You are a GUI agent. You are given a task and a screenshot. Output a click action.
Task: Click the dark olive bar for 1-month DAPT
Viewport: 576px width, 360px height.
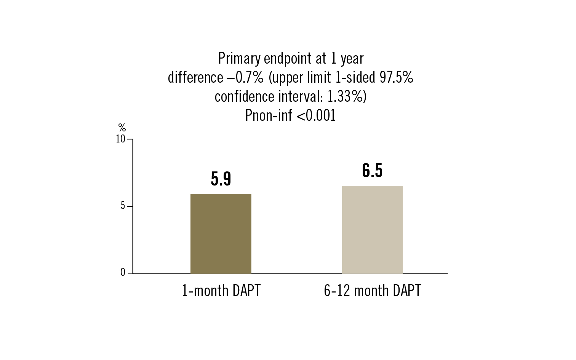coord(221,234)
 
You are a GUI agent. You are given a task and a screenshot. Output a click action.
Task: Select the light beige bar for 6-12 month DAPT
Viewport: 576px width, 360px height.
coord(372,230)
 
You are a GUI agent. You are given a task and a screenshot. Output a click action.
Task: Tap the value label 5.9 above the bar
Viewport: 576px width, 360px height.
coord(221,179)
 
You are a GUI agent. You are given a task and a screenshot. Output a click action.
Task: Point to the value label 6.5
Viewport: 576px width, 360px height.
coord(372,170)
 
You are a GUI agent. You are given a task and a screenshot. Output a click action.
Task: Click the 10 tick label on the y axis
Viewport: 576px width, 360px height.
coord(120,139)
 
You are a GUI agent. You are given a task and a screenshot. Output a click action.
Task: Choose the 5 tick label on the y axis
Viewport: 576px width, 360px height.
coord(123,206)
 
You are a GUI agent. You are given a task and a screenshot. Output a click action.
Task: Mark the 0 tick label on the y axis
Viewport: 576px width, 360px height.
coord(123,273)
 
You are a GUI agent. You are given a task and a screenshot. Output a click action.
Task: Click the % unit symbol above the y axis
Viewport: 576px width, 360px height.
coord(122,128)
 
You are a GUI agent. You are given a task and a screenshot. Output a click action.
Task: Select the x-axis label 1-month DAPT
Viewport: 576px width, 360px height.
coord(221,291)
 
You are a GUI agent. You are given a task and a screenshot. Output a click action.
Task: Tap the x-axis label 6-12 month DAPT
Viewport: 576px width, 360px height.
coord(372,291)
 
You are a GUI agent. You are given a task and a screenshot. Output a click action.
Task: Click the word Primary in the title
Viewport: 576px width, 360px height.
coord(239,59)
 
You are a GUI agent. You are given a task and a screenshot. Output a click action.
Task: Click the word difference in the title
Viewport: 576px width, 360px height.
coord(195,77)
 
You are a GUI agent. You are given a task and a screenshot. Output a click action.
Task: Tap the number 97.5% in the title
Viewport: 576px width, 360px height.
coord(396,77)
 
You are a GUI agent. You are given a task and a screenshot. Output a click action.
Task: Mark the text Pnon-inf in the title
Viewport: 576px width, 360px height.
coord(268,115)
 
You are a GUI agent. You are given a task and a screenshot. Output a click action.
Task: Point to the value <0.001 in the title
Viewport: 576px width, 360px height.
coord(316,115)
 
